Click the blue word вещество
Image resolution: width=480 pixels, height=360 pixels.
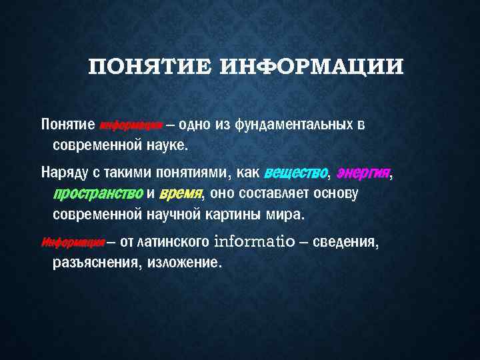[x=296, y=173]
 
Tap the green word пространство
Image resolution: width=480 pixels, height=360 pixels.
[x=97, y=193]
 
